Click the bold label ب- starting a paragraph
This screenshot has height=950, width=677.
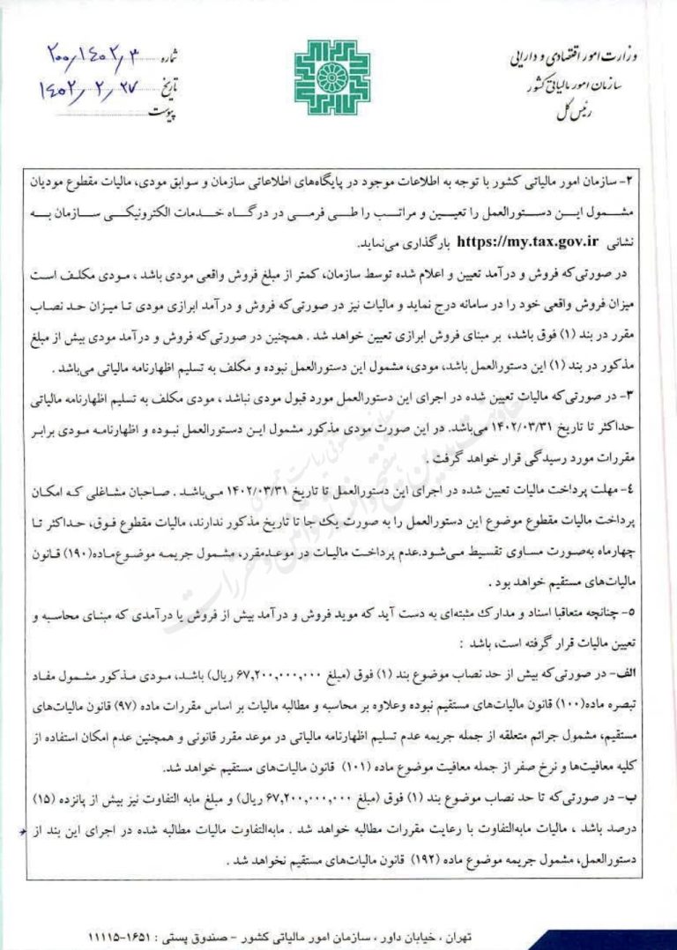click(x=636, y=796)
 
